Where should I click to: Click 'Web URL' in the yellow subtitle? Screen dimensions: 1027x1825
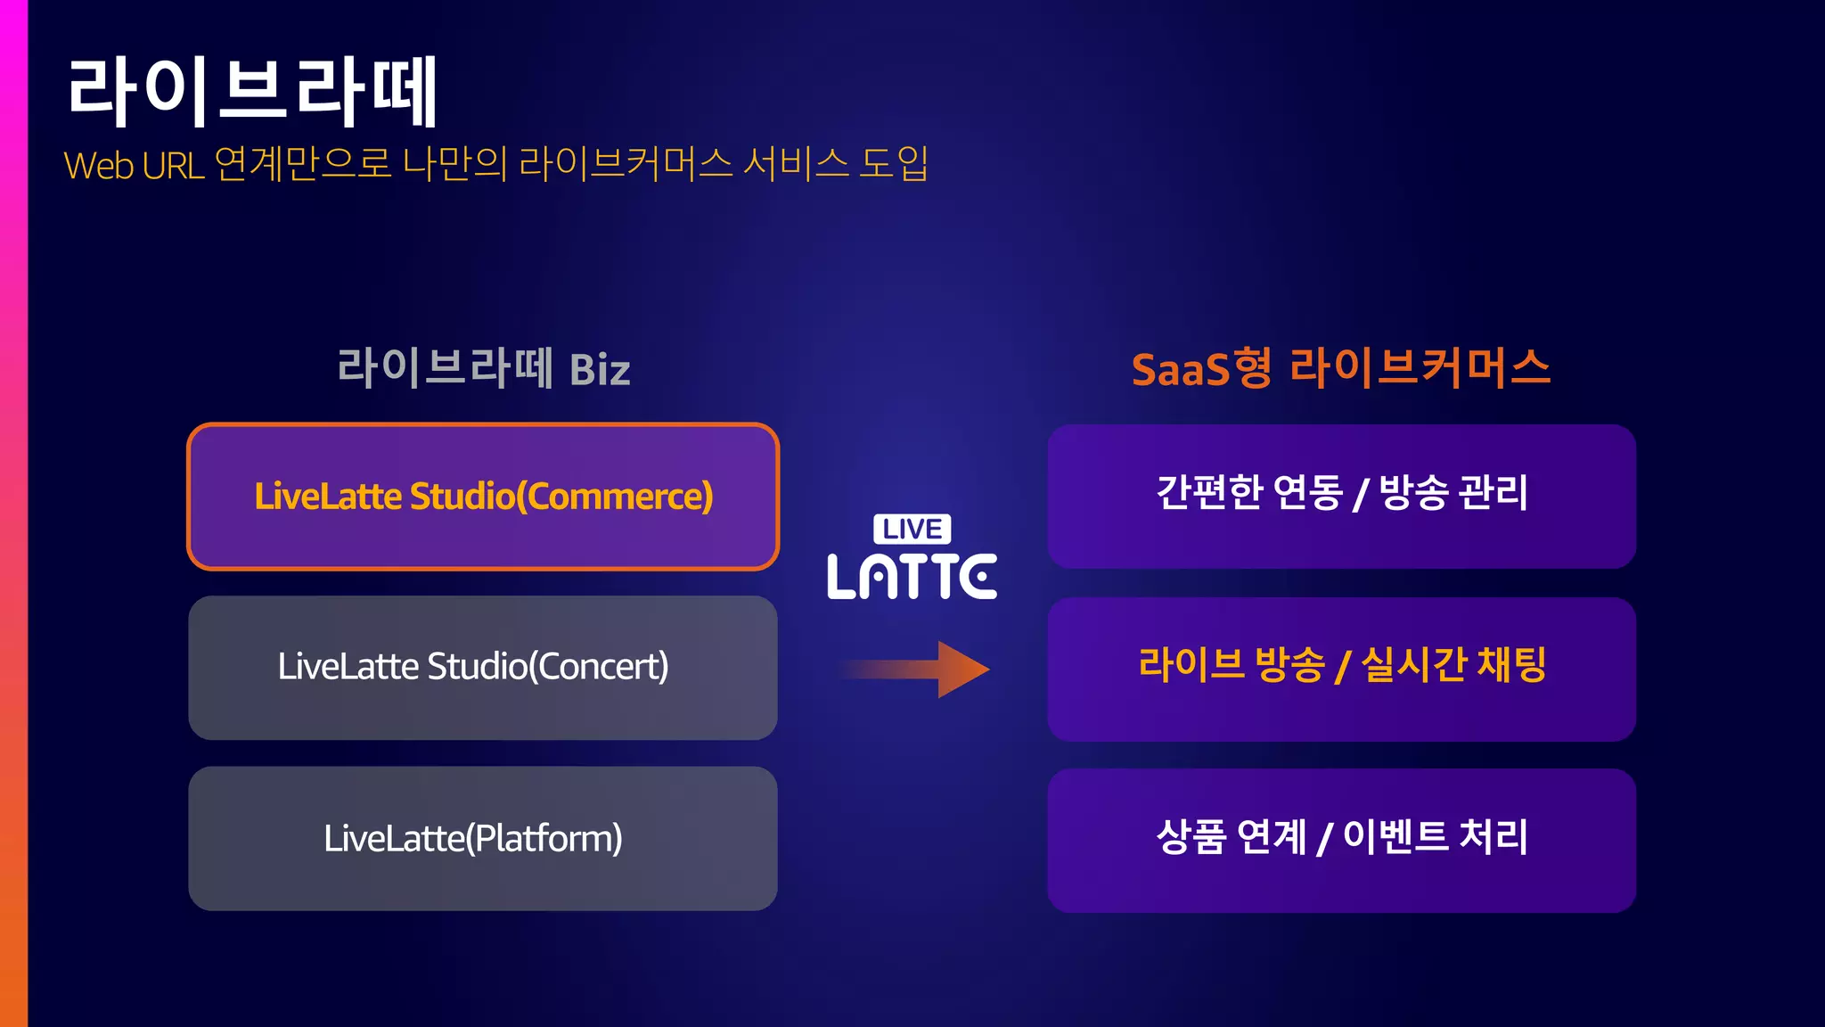[134, 166]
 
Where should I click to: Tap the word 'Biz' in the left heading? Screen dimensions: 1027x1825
[600, 370]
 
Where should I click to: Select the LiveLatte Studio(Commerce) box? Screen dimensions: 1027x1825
[483, 497]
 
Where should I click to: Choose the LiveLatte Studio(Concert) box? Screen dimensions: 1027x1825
[483, 668]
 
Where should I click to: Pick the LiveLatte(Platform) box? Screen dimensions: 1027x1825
[483, 839]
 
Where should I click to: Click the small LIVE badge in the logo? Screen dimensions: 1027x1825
[912, 529]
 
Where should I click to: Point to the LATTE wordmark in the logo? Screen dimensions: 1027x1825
[912, 576]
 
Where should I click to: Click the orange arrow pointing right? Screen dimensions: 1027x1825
[918, 669]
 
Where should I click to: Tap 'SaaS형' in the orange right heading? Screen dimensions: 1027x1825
[1201, 368]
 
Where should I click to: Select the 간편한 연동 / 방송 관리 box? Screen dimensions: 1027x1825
[1341, 497]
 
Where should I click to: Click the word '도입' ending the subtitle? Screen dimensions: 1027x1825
[894, 164]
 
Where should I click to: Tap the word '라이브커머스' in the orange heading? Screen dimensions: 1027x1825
[1420, 368]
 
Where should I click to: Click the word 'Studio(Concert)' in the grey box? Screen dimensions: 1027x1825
[548, 667]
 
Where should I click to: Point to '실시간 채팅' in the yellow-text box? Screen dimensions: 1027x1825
[1453, 665]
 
